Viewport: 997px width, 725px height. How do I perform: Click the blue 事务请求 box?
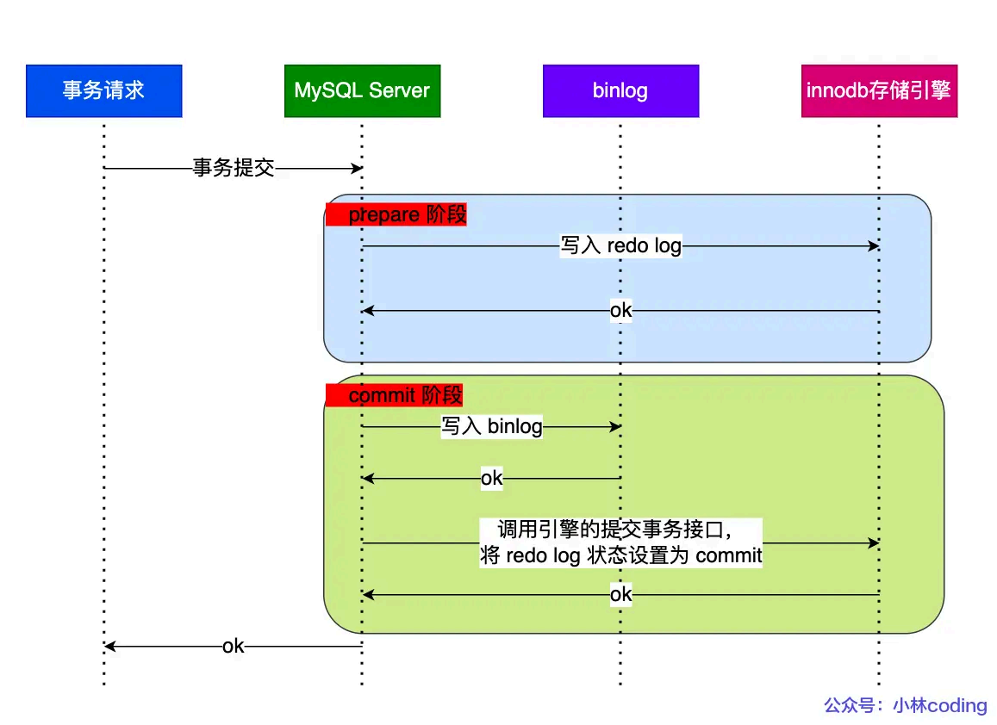(x=103, y=90)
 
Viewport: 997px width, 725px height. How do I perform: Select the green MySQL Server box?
(x=362, y=90)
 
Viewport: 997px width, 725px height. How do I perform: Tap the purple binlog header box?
(x=620, y=90)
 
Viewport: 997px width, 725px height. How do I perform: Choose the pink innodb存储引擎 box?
(x=879, y=90)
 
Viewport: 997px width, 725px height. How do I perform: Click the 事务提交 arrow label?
(x=233, y=168)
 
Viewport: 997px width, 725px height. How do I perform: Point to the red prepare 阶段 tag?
(x=396, y=214)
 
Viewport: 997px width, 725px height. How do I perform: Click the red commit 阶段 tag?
(x=395, y=395)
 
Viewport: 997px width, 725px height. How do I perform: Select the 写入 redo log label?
(x=620, y=246)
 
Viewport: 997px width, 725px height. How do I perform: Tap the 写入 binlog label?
(x=492, y=427)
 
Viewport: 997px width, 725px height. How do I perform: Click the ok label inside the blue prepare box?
(x=620, y=311)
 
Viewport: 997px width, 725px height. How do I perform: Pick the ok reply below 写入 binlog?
(x=491, y=479)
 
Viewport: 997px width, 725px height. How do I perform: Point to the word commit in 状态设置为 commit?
(x=729, y=555)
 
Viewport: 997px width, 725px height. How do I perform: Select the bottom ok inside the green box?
(x=620, y=595)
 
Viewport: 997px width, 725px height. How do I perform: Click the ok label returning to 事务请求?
(x=233, y=646)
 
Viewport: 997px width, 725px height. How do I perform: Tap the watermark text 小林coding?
(x=939, y=705)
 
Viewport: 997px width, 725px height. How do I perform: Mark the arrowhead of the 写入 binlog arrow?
(x=615, y=427)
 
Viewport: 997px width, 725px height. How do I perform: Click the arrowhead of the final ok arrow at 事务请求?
(x=109, y=646)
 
